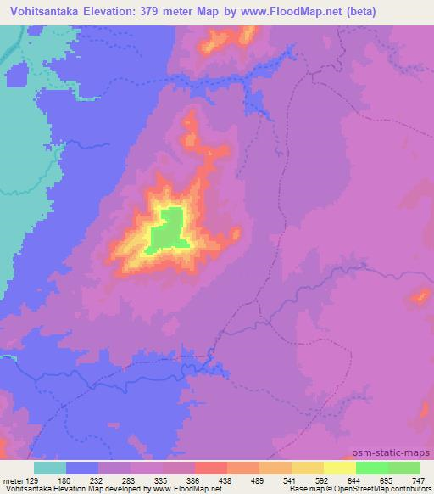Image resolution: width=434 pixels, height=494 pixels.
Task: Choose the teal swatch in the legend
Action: pos(50,468)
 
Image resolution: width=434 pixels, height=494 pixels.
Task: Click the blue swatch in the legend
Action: pos(82,468)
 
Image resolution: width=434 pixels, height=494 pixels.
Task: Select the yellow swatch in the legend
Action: pos(339,468)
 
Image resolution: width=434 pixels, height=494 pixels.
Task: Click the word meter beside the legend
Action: pos(12,480)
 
